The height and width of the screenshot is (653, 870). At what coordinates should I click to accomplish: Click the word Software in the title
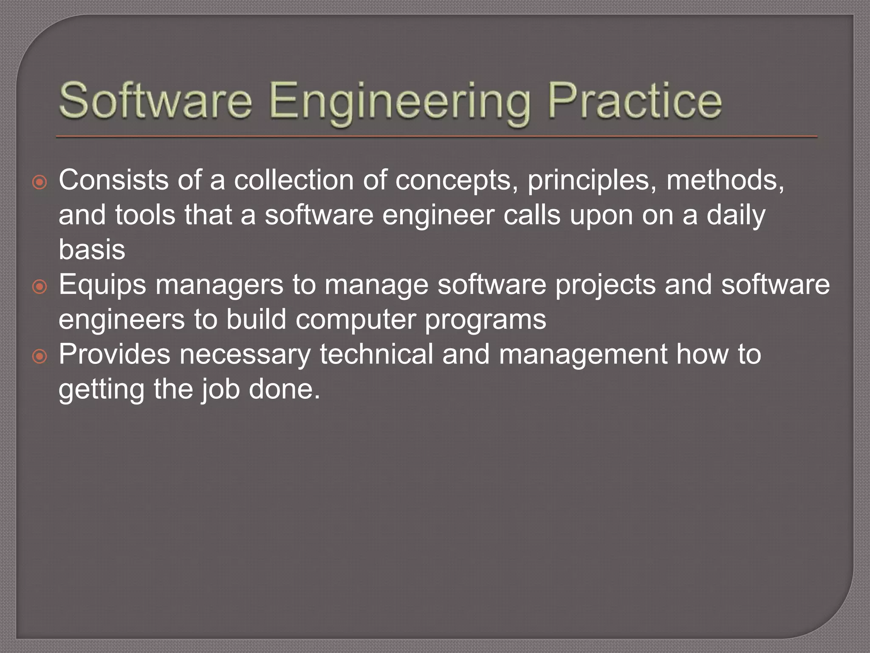155,101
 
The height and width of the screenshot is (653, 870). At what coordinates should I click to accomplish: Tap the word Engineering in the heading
399,102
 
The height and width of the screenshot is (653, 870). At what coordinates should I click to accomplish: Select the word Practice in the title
635,101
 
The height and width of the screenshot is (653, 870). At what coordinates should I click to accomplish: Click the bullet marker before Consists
40,183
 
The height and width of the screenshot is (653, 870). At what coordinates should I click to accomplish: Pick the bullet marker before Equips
40,287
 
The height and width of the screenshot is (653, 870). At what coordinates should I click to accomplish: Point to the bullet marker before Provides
40,356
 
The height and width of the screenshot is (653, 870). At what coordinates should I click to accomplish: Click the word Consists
113,180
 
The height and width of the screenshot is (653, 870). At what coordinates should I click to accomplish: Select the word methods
725,180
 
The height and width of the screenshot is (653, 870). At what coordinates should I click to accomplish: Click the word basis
92,250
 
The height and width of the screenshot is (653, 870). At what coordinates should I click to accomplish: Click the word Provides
114,354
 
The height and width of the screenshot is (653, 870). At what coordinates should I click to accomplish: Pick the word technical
376,354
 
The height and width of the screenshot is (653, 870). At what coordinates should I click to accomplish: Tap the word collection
294,180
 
